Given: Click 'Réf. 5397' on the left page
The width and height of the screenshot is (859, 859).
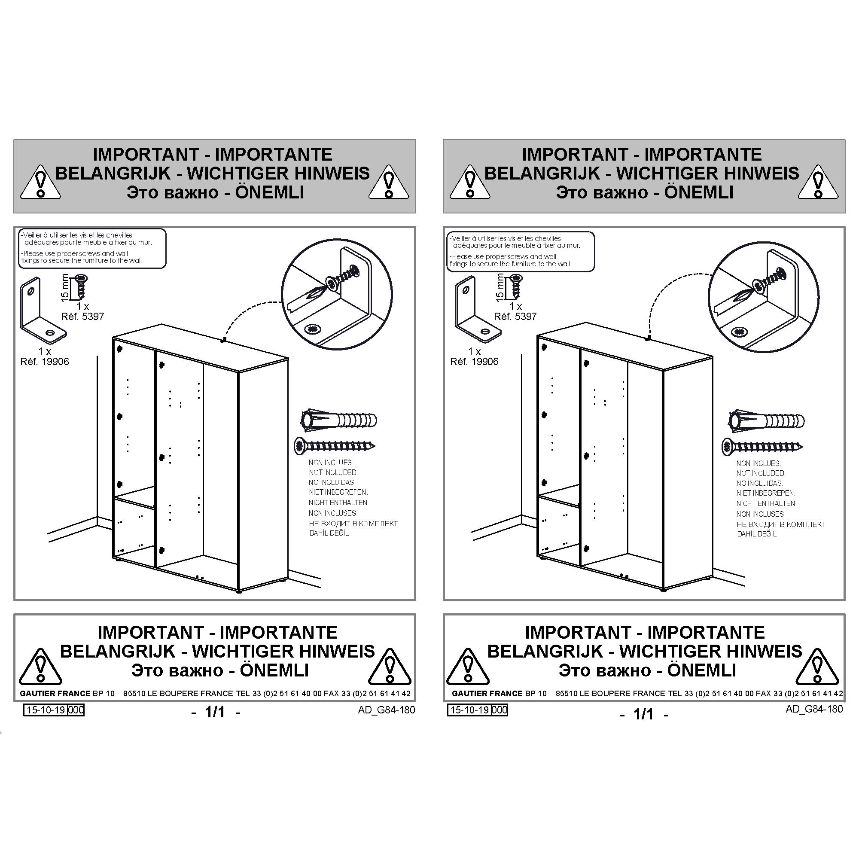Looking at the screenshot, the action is point(82,317).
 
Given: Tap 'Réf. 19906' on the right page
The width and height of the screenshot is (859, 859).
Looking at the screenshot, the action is point(474,362).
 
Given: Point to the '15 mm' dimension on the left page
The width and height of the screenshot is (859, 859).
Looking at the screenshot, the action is point(65,287).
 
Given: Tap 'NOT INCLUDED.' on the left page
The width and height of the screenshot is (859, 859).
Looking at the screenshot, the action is point(333,472).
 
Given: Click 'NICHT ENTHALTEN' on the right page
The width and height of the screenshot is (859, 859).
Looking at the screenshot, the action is point(765,503).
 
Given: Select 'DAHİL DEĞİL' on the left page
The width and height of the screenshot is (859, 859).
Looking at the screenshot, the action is point(329,533).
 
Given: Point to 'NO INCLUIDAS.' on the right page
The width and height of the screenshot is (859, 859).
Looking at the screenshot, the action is point(759,483).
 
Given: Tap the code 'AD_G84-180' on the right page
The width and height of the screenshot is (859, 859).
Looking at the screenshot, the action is point(814,709).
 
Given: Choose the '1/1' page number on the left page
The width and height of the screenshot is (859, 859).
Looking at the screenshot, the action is point(216,712).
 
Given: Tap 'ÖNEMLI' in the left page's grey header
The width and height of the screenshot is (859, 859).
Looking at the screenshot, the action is point(269,192).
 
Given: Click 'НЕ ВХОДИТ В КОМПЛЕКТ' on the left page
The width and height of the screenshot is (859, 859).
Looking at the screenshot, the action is point(353,523).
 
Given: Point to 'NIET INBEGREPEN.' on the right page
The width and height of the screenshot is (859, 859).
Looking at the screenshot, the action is point(766,493).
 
